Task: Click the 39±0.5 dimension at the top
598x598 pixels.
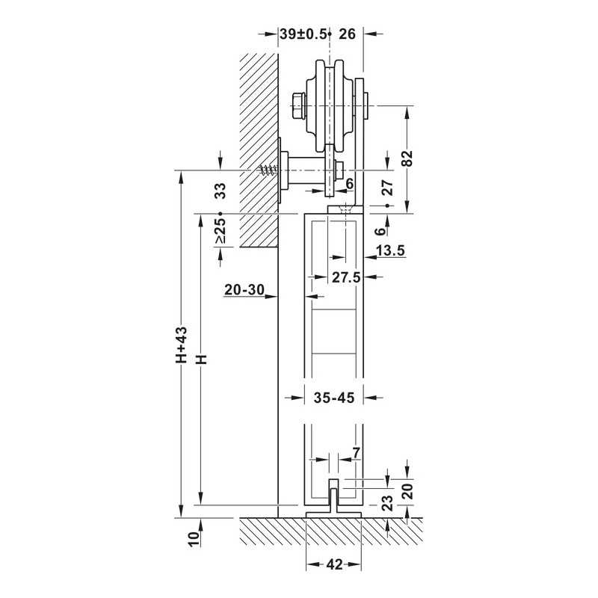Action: (303, 34)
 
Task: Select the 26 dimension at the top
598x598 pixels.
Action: (347, 34)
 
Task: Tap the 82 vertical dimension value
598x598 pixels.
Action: (407, 158)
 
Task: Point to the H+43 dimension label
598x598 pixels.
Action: (181, 345)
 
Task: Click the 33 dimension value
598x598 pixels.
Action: (220, 191)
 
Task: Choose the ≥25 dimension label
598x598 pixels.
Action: (220, 231)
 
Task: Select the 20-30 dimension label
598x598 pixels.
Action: (244, 290)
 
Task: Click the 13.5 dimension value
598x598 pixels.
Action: (390, 250)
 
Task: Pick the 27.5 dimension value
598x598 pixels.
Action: (346, 277)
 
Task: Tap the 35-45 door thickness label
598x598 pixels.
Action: (334, 398)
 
